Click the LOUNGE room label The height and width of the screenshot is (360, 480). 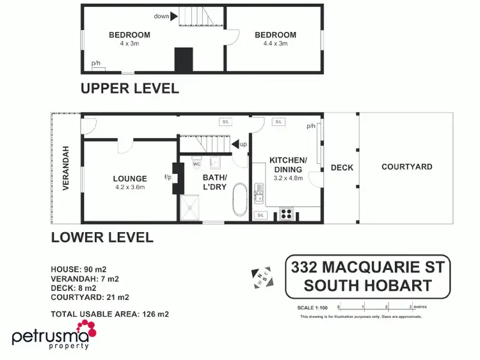point(130,179)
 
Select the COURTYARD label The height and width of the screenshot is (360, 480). point(406,167)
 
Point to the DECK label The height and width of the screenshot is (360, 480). point(342,168)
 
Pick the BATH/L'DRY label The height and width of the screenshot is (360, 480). point(215,182)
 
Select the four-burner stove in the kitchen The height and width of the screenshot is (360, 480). point(286,214)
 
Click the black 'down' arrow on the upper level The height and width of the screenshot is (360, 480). point(173,16)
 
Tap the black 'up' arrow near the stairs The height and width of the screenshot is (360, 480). point(235,145)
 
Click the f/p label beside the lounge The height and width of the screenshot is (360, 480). point(168,176)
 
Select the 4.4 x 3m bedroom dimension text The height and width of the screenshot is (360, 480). point(275,43)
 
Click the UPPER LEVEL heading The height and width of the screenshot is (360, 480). point(129,88)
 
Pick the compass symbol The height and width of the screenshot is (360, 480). point(263,277)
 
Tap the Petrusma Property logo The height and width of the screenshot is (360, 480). point(54,338)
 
